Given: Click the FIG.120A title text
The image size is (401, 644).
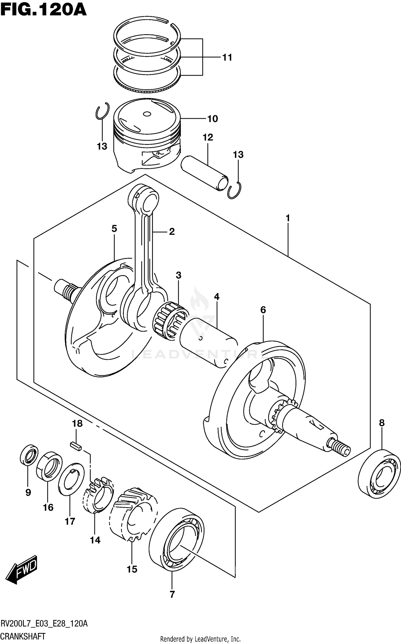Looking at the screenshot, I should [43, 11].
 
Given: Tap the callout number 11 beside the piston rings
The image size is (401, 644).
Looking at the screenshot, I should [227, 57].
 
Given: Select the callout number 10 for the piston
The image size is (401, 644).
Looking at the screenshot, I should [213, 119].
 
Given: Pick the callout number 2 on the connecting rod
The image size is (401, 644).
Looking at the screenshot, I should [172, 232].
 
